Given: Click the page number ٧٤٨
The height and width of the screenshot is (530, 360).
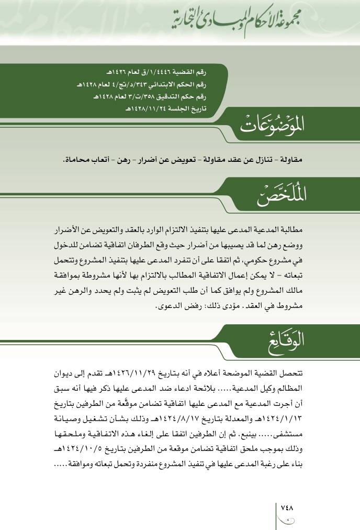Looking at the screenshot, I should pos(287,507).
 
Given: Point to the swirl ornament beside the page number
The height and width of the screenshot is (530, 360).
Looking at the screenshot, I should pos(287,520).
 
